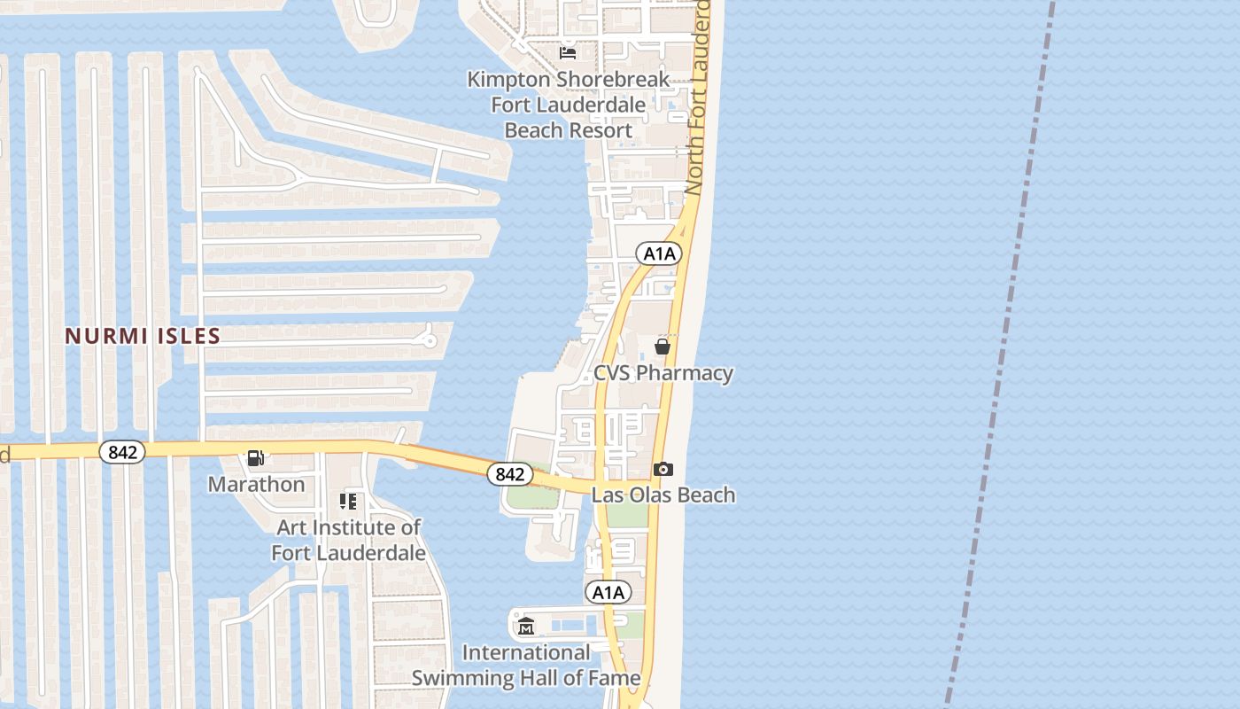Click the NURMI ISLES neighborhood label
pyautogui.click(x=143, y=336)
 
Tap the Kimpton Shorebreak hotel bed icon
pyautogui.click(x=568, y=53)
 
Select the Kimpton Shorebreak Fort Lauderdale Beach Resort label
pyautogui.click(x=568, y=105)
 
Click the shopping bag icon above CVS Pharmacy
pyautogui.click(x=662, y=347)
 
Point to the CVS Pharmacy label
pyautogui.click(x=663, y=372)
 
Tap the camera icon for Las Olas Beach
pyautogui.click(x=663, y=469)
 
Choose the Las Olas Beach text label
pyautogui.click(x=663, y=495)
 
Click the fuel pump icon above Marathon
pyautogui.click(x=256, y=458)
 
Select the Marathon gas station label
pyautogui.click(x=256, y=484)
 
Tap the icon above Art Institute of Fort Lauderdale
pyautogui.click(x=348, y=502)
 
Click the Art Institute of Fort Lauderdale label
pyautogui.click(x=348, y=540)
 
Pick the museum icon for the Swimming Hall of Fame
pyautogui.click(x=526, y=627)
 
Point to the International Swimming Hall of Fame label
pyautogui.click(x=526, y=666)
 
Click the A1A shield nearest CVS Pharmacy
pyautogui.click(x=659, y=254)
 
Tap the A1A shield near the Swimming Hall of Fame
pyautogui.click(x=608, y=592)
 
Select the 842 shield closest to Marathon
pyautogui.click(x=122, y=452)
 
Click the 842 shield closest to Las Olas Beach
pyautogui.click(x=509, y=474)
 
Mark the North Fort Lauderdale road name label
pyautogui.click(x=699, y=97)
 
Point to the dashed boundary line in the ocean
pyautogui.click(x=1001, y=354)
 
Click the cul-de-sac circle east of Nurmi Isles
pyautogui.click(x=430, y=339)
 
